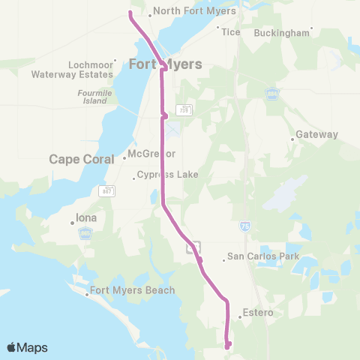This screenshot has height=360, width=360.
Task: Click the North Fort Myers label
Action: coord(195,11)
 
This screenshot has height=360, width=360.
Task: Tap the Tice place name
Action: coord(230,33)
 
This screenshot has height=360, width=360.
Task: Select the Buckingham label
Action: coord(281,33)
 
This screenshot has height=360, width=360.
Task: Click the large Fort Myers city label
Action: coord(166,64)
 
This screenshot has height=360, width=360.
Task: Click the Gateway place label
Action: coord(317,134)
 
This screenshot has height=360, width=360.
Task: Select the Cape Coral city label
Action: coord(82,159)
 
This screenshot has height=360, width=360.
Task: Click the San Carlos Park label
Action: coord(263,256)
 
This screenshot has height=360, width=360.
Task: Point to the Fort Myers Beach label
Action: coord(132,290)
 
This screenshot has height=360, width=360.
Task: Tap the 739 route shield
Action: coord(183,109)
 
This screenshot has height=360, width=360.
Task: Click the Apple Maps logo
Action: coord(27,347)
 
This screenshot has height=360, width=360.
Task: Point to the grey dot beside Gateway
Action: coord(292,139)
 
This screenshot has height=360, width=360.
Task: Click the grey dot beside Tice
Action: coord(218,28)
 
